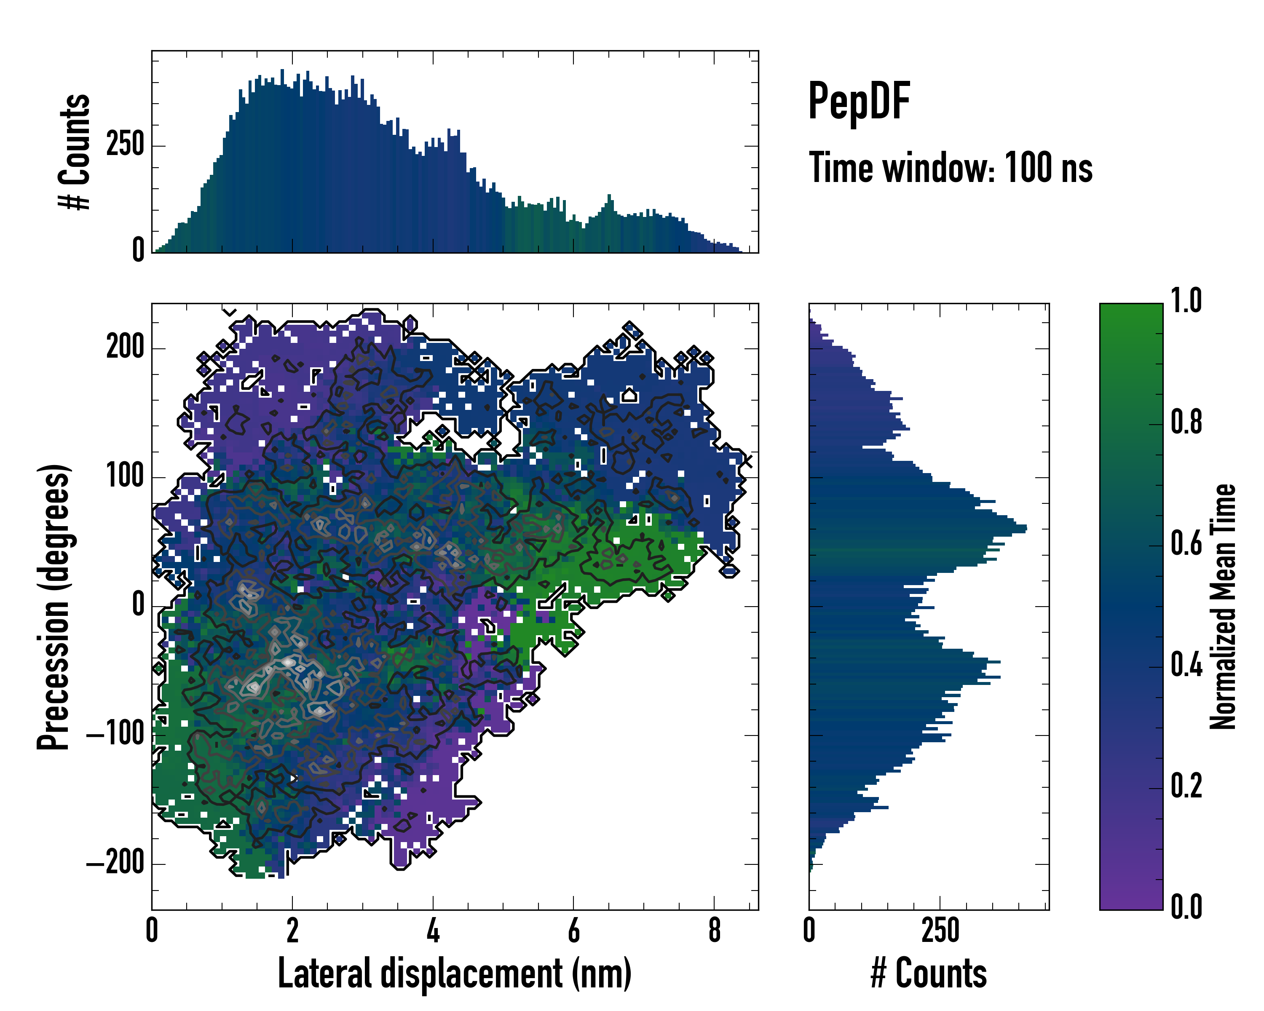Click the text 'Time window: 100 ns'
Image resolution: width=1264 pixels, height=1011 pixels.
[951, 168]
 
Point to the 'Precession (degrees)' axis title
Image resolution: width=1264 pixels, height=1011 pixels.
[54, 607]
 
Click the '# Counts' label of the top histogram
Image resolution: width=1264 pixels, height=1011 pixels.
[75, 152]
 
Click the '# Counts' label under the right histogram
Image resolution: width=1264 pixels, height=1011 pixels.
[929, 974]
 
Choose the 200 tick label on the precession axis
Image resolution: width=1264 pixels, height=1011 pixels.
[125, 348]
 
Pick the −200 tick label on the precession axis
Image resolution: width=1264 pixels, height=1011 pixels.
[115, 862]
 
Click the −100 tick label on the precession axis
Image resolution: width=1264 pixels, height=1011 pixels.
[115, 733]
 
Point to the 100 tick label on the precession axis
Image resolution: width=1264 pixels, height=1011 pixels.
[125, 476]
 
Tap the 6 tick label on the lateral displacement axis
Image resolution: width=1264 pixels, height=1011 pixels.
[573, 930]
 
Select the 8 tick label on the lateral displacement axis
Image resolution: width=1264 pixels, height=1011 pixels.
[714, 930]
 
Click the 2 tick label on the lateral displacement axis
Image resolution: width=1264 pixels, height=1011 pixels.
[292, 930]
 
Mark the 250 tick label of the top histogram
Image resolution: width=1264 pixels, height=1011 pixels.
[125, 145]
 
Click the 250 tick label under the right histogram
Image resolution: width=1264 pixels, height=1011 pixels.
[940, 930]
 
